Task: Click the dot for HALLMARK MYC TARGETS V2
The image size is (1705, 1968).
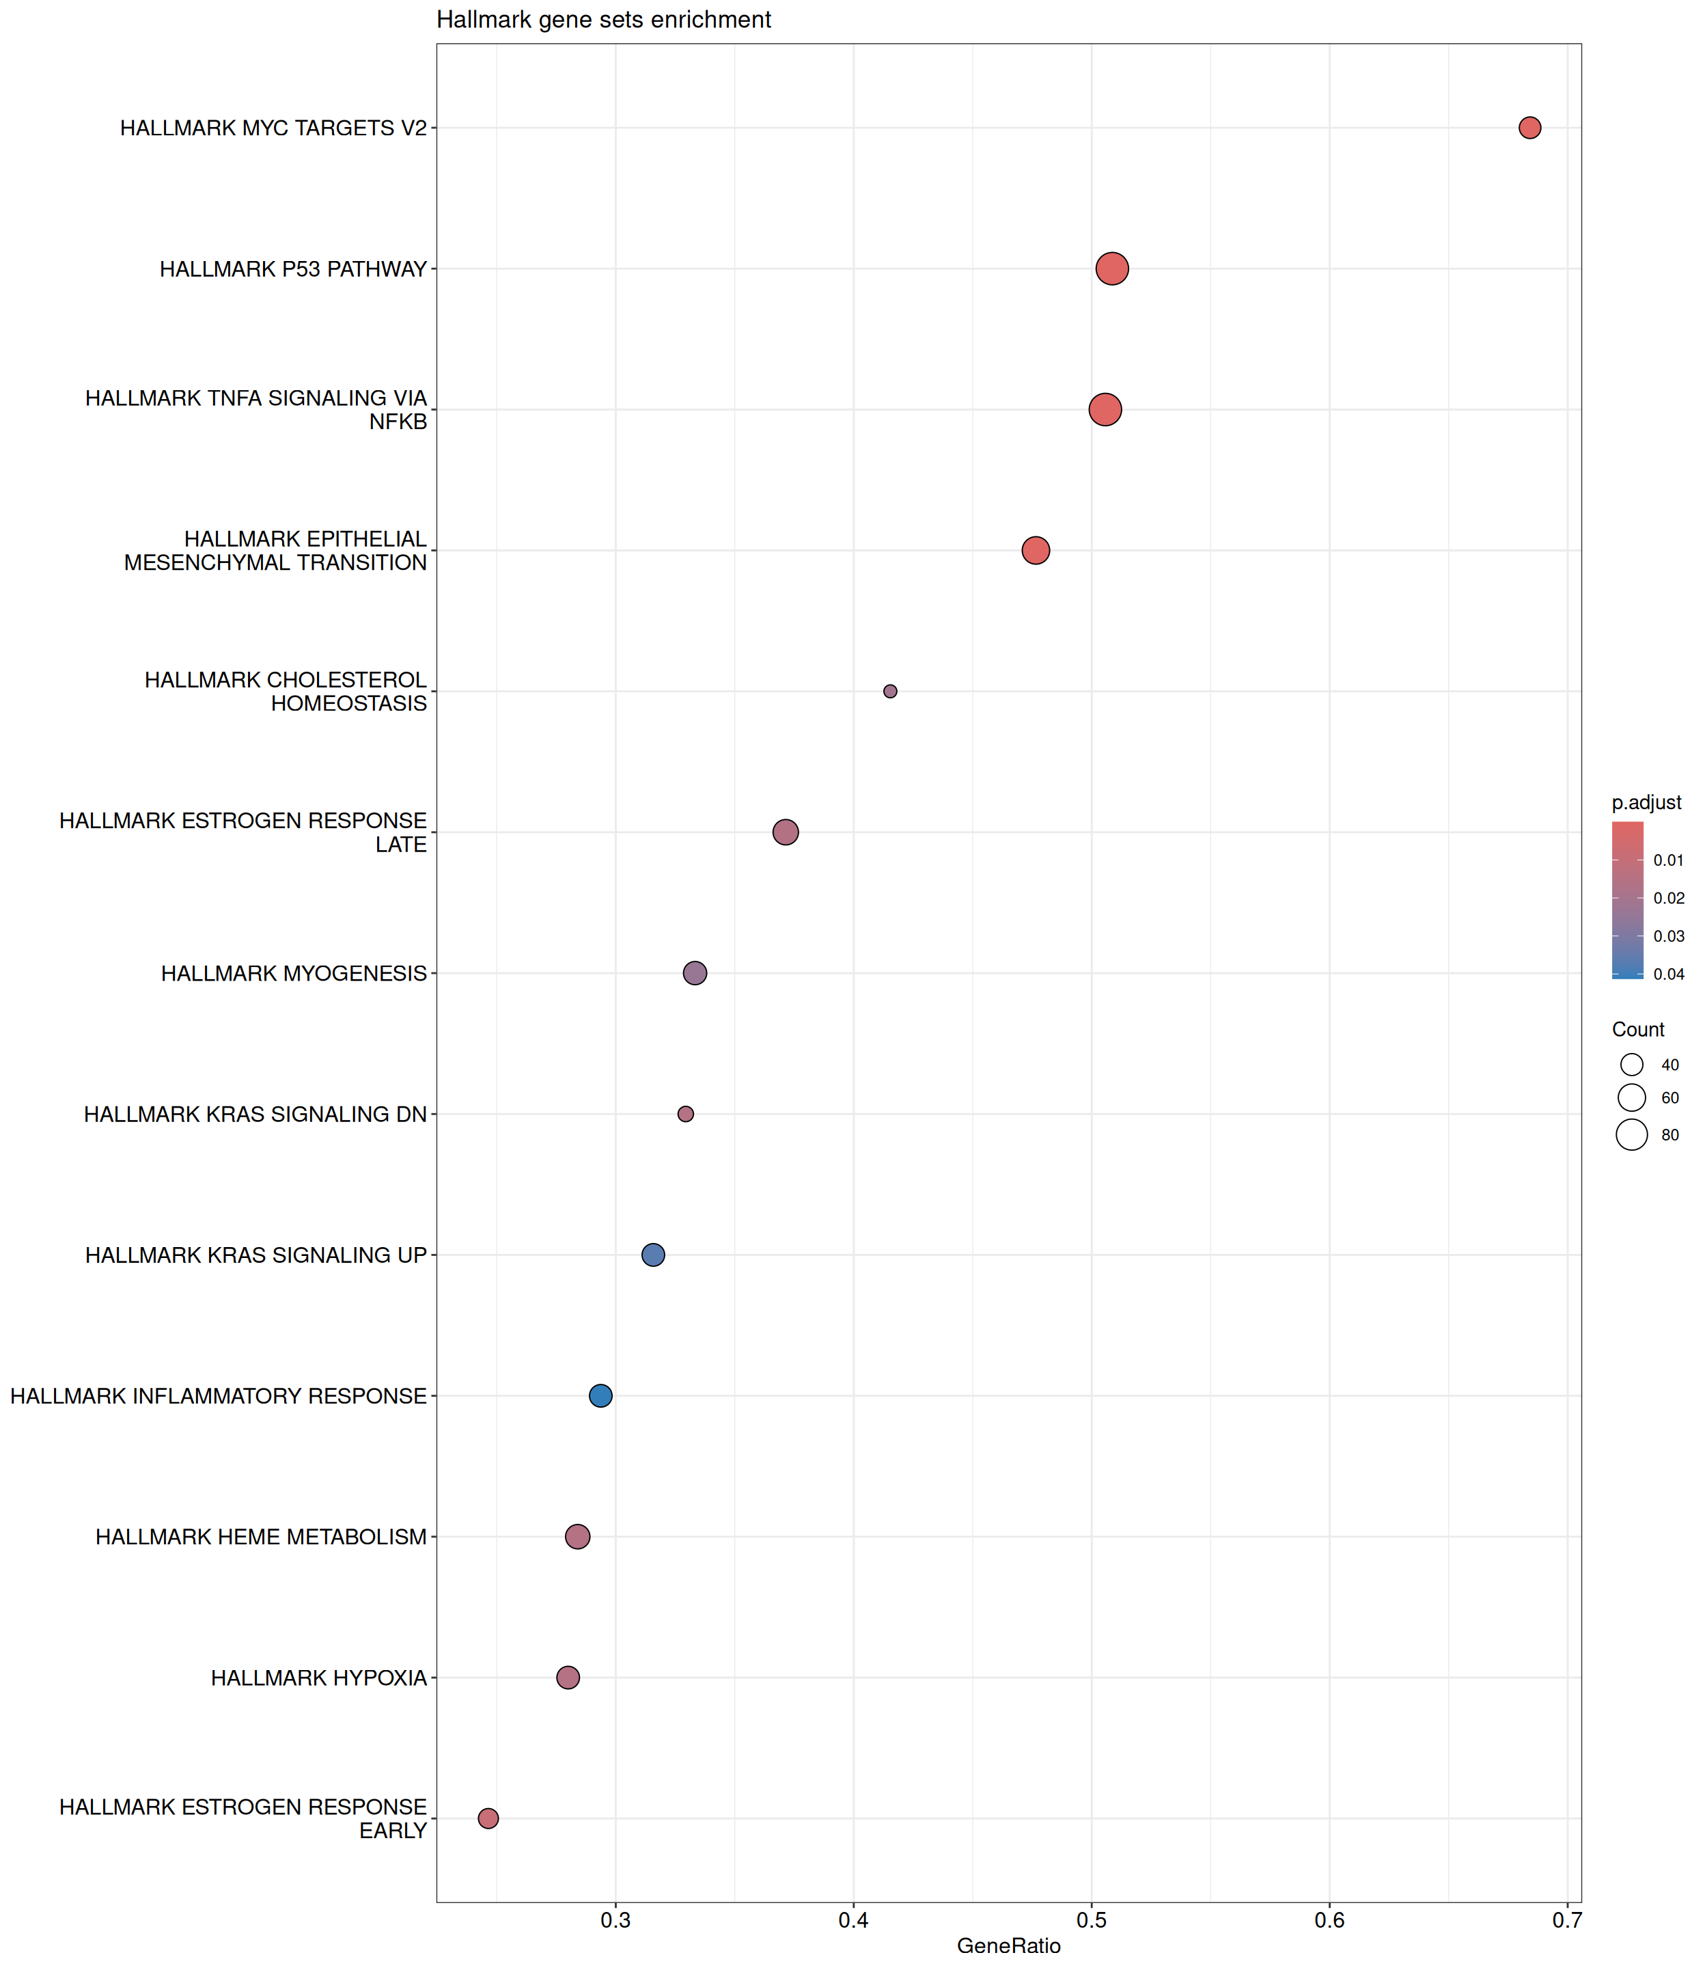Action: coord(1529,128)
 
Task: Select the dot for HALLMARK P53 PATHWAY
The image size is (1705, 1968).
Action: coord(1111,269)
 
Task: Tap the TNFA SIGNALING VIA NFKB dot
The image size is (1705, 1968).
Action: coord(1105,410)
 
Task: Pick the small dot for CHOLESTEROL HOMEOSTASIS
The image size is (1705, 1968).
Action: coord(889,691)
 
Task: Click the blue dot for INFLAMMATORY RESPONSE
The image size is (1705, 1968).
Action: coord(600,1395)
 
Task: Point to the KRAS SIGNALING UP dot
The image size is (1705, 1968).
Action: coord(653,1255)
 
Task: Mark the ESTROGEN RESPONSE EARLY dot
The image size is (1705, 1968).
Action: coord(488,1818)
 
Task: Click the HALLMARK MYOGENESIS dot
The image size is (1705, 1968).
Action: coord(695,972)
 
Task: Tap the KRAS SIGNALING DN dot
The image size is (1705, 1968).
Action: coord(685,1113)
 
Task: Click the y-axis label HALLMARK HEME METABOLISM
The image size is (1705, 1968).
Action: coord(261,1536)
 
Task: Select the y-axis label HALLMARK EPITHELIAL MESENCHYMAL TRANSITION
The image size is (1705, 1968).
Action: coord(275,550)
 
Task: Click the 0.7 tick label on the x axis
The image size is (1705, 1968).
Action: coord(1566,1919)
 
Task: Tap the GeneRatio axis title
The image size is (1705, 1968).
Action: coord(1008,1945)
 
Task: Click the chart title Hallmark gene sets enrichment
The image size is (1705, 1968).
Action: coord(603,20)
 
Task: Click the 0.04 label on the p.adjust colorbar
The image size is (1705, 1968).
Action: coord(1669,974)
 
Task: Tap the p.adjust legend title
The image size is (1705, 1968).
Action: coord(1646,802)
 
